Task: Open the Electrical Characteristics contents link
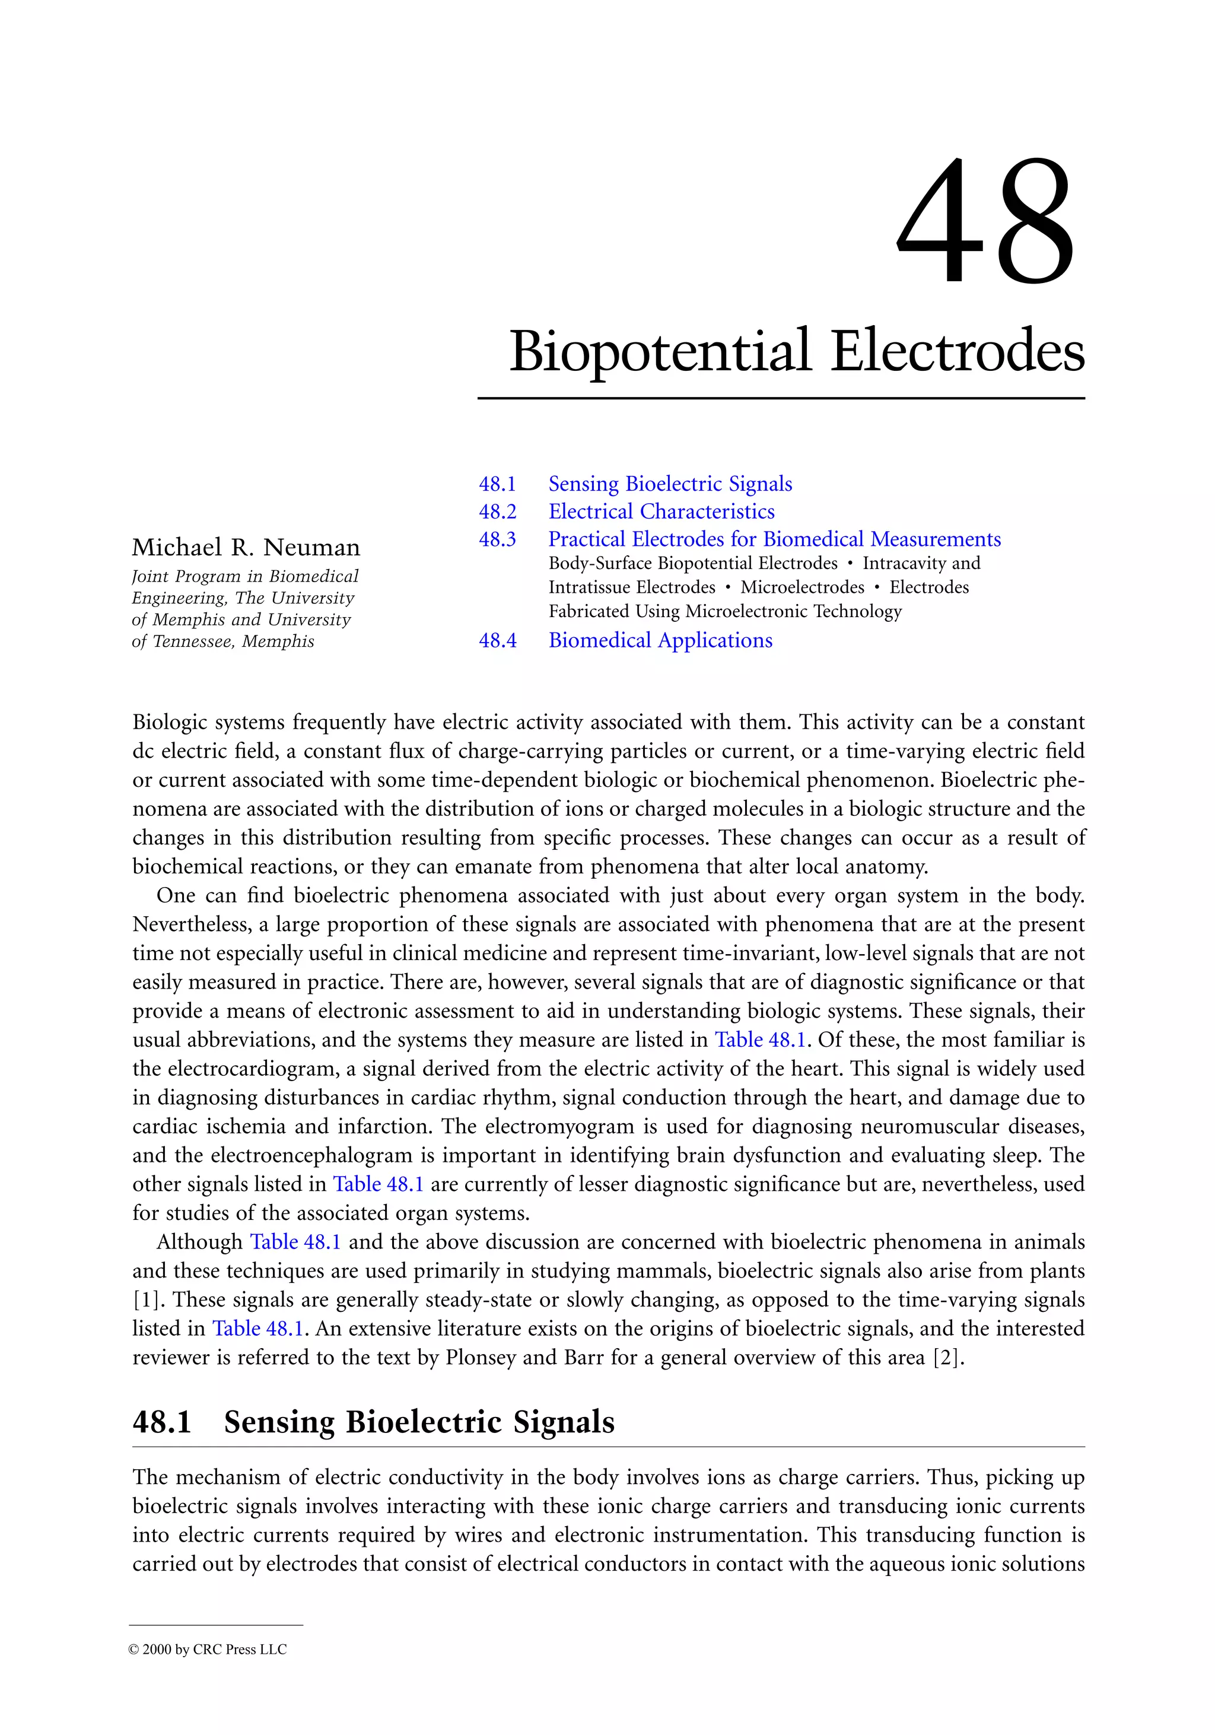[661, 511]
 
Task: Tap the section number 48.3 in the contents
[497, 539]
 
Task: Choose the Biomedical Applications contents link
[660, 641]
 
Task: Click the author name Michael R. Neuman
[246, 547]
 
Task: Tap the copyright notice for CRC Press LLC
[208, 1650]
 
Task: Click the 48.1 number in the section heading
[162, 1422]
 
